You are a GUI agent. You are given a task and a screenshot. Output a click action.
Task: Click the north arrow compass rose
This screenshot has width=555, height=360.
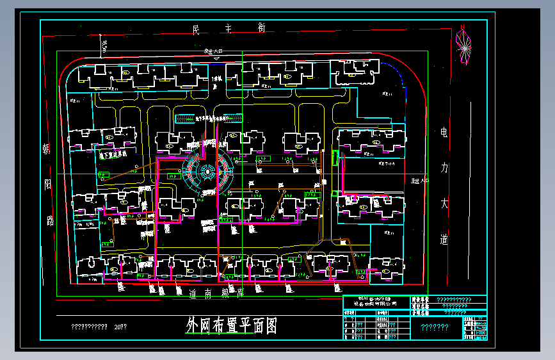coord(462,44)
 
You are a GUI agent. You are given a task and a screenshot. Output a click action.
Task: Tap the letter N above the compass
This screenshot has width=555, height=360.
coord(462,27)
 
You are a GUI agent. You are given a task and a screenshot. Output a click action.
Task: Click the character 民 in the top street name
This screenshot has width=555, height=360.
coord(197,29)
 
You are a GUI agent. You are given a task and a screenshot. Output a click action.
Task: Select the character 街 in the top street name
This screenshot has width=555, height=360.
coord(261,28)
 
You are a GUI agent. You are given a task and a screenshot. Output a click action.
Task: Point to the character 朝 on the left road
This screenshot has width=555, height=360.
coord(47,150)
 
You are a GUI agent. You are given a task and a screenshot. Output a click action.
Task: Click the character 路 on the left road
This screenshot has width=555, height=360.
coord(50,222)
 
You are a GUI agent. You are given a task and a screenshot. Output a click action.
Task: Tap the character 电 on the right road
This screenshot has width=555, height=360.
coord(444,133)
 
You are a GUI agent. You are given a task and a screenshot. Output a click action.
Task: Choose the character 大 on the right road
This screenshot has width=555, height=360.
coord(444,204)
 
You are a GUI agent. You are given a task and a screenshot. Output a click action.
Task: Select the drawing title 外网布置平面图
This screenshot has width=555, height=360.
coord(232,326)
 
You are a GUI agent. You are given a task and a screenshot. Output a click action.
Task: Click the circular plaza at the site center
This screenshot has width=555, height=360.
coord(207,171)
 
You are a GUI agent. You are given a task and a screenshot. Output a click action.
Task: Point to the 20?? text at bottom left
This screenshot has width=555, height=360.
coord(120,327)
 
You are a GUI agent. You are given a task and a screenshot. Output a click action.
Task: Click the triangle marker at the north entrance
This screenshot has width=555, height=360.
coord(218,58)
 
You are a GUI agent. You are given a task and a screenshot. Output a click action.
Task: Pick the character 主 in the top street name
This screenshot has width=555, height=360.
coord(229,28)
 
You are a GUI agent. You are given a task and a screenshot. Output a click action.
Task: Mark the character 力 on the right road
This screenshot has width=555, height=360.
coord(444,168)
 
